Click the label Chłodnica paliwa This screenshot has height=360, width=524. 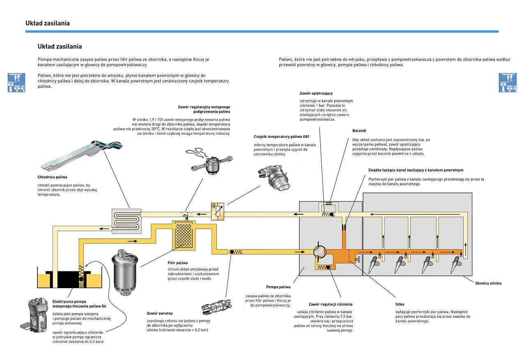[52, 177]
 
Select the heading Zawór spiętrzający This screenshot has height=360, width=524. [316, 94]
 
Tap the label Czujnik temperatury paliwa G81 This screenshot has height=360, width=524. [281, 136]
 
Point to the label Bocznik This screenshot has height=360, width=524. [359, 131]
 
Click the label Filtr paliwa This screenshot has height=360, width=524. [177, 263]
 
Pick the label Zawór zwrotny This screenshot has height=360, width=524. [160, 313]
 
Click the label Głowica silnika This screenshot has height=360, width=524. [488, 283]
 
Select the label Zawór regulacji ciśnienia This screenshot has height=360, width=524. [330, 305]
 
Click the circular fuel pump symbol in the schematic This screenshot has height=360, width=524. [319, 251]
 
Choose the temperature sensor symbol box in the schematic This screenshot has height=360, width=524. [218, 211]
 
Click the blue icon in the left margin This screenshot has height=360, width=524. [16, 83]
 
